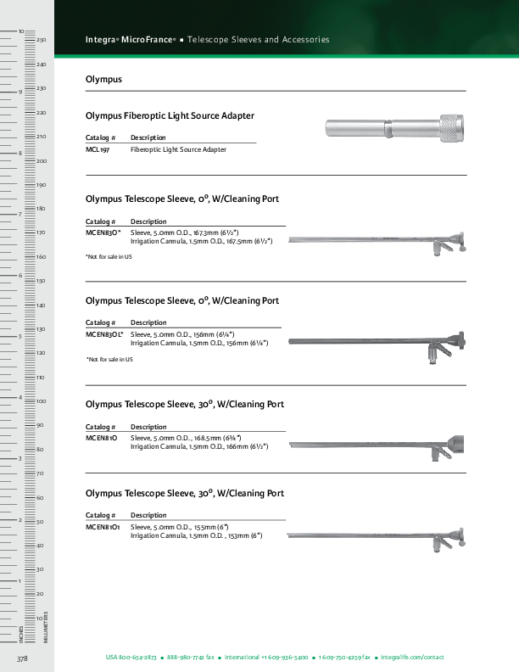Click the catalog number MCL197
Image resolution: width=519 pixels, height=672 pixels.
pos(98,149)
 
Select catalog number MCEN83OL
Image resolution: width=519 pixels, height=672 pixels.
pos(104,334)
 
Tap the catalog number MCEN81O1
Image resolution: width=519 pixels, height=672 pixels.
pos(103,527)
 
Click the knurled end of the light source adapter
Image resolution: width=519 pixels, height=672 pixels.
pos(449,129)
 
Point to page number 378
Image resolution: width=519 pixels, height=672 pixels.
pos(23,658)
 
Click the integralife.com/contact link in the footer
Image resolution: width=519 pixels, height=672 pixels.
pos(412,658)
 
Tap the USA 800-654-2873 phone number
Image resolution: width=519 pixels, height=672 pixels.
pos(131,658)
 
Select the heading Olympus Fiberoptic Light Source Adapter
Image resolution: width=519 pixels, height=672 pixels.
pos(170,115)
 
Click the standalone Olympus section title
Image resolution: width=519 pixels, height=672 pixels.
pos(103,79)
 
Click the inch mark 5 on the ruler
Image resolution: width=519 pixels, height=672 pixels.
pos(20,337)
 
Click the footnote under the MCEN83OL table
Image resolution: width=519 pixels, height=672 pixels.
pos(109,360)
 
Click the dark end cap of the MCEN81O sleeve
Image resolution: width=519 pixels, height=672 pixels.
pos(457,442)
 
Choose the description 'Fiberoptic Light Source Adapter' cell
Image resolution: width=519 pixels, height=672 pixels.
pos(178,149)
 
